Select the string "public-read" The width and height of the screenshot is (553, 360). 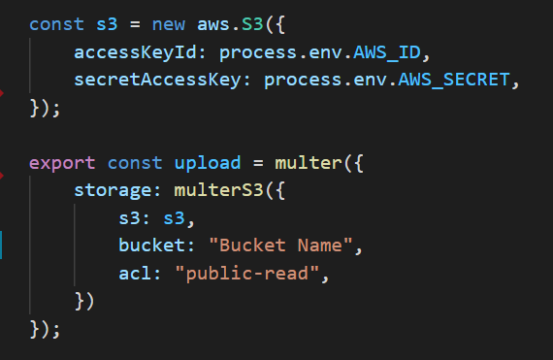click(x=245, y=274)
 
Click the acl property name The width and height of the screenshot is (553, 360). click(x=135, y=274)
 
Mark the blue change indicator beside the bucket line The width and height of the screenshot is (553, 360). click(x=3, y=246)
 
